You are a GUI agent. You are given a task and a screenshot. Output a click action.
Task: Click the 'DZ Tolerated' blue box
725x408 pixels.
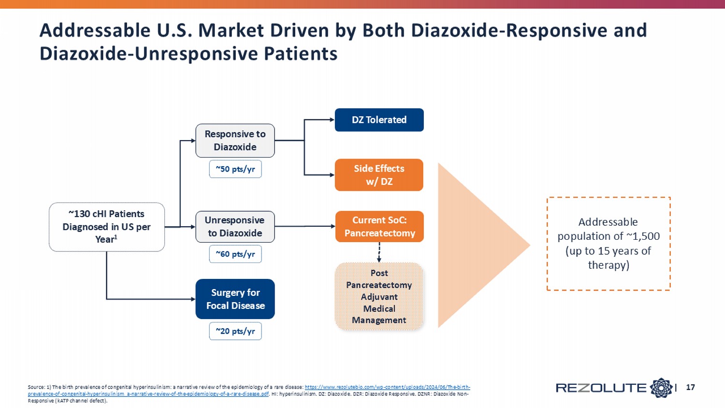[379, 120]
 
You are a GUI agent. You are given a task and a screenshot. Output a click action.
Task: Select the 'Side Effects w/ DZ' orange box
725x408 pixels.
[379, 175]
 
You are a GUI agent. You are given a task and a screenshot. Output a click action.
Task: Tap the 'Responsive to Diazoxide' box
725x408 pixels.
[235, 141]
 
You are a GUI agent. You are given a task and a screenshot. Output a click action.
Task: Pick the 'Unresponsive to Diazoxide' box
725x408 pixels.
[235, 227]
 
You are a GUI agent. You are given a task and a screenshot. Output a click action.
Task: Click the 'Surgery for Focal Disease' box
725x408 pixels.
[235, 299]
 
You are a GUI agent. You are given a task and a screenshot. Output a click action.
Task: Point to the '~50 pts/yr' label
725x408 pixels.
[235, 169]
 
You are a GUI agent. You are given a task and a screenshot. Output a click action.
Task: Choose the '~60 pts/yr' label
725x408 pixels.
[235, 254]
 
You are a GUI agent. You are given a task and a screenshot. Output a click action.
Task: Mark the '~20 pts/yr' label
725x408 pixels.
[235, 331]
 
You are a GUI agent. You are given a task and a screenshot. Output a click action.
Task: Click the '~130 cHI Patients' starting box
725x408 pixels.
[106, 227]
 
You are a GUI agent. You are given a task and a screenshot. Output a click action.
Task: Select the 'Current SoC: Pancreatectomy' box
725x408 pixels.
[379, 227]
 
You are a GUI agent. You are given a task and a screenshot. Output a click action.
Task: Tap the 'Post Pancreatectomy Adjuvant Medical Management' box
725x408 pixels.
[379, 296]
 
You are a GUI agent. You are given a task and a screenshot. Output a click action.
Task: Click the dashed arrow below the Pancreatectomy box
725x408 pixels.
[379, 252]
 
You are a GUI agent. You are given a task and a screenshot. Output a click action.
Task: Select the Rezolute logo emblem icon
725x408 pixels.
[661, 388]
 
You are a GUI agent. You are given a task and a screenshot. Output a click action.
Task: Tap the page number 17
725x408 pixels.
[690, 387]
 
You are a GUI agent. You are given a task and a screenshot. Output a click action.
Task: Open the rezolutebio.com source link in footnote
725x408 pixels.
[387, 387]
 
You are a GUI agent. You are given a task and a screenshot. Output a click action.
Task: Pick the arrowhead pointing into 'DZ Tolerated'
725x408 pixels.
[332, 119]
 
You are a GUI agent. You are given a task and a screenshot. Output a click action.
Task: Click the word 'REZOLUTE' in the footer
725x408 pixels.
[601, 388]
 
